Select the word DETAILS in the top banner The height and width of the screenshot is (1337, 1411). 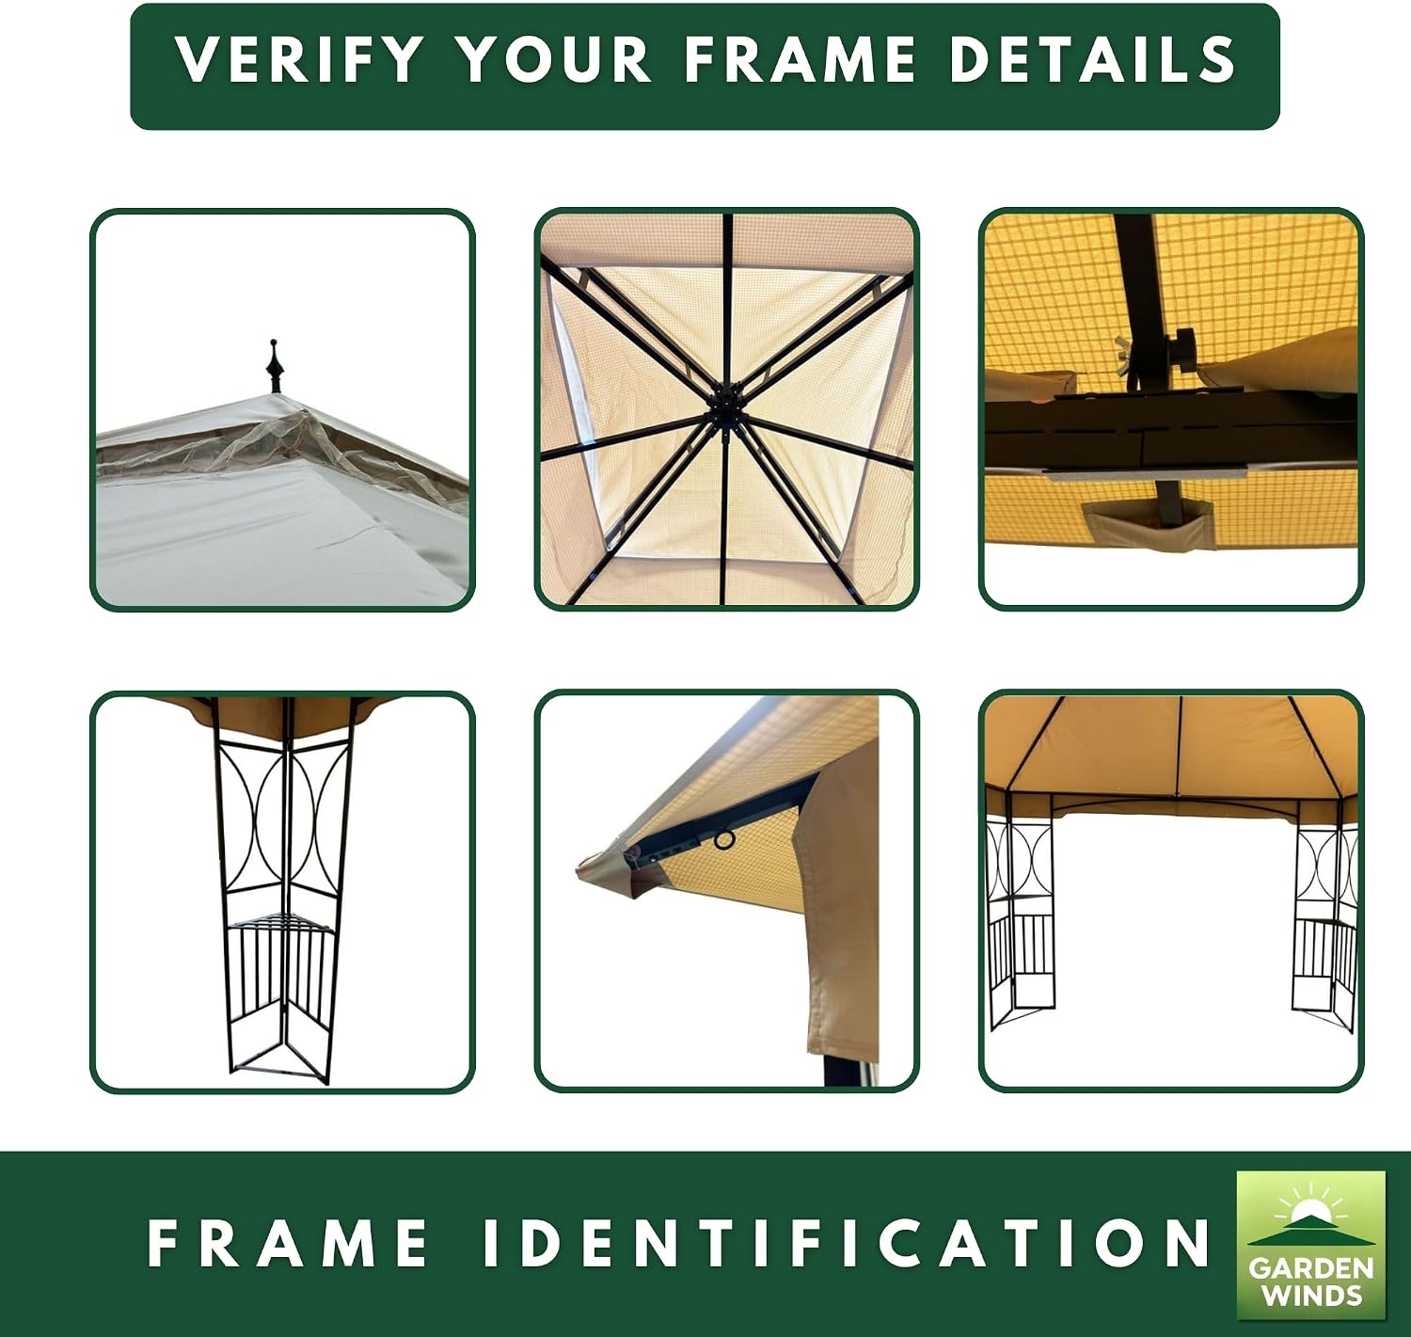pyautogui.click(x=1092, y=59)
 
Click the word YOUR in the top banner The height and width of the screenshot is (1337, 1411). pyautogui.click(x=555, y=59)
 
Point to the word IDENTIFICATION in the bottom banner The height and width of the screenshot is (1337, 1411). pyautogui.click(x=848, y=1243)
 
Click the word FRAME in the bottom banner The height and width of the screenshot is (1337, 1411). pyautogui.click(x=288, y=1243)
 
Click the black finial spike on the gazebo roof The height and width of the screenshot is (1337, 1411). pyautogui.click(x=274, y=366)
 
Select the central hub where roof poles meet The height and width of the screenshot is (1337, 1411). pyautogui.click(x=722, y=414)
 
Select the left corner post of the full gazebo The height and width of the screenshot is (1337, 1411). pyautogui.click(x=1020, y=925)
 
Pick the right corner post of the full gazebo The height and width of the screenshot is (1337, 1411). pyautogui.click(x=1324, y=925)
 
